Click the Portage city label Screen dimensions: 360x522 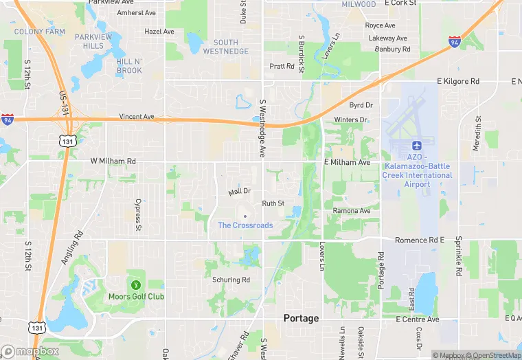click(302, 318)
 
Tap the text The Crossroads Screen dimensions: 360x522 click(245, 225)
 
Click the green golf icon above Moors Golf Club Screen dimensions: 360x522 click(135, 284)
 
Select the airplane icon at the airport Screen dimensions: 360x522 click(416, 146)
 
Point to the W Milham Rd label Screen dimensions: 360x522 click(113, 161)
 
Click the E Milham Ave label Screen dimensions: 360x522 click(347, 162)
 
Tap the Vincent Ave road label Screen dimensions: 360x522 click(137, 117)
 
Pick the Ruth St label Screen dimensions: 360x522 click(273, 203)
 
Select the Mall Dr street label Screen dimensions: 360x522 click(240, 192)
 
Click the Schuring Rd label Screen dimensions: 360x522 click(231, 280)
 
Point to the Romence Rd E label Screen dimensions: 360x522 click(420, 240)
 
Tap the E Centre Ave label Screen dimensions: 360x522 click(417, 319)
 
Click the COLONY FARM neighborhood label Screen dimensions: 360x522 click(39, 32)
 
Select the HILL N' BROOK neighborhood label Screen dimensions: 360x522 click(129, 66)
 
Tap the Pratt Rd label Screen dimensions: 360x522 click(282, 66)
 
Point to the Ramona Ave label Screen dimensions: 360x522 click(352, 210)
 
